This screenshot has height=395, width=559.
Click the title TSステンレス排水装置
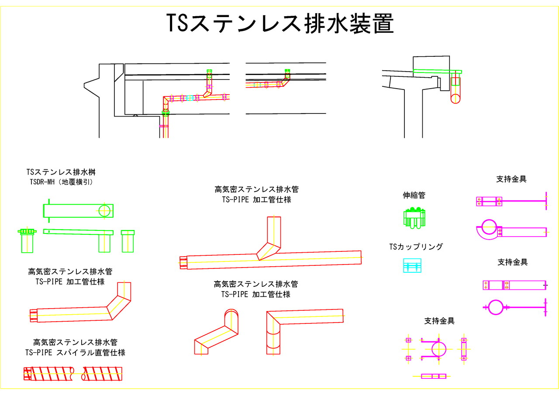point(280,24)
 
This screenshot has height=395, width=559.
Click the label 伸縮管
point(414,196)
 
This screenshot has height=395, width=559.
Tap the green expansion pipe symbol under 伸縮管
point(414,218)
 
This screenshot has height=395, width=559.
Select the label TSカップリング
point(416,247)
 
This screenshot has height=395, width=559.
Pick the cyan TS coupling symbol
point(412,266)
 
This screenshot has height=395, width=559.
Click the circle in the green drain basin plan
point(104,211)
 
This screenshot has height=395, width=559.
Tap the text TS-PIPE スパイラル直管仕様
point(75,353)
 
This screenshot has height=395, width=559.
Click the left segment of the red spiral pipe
point(49,374)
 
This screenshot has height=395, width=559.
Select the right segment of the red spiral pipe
point(102,374)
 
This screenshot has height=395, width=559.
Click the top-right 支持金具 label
point(511,179)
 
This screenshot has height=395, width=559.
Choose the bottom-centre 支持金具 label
point(439,321)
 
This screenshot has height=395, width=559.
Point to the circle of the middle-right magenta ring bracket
point(495,307)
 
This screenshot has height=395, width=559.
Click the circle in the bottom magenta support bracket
point(438,349)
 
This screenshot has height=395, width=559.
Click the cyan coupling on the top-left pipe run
point(190,98)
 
